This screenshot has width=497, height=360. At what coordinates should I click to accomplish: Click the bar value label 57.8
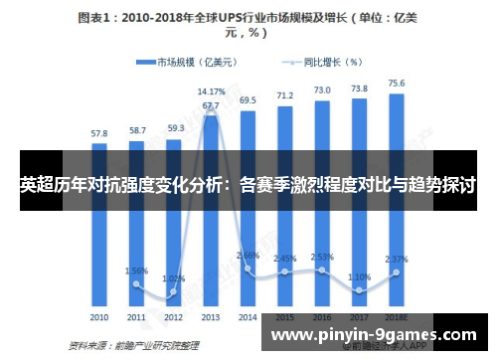coord(99,132)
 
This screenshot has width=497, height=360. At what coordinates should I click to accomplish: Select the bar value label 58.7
coord(136,130)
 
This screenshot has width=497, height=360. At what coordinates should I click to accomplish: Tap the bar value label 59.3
coord(174,128)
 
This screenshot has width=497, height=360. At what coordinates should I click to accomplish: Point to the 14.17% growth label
coord(211,91)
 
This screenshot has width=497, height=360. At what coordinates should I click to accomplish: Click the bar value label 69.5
coord(248,100)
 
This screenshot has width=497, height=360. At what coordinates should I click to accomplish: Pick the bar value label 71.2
coord(285,95)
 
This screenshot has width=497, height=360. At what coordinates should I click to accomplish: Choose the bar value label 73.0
coord(322,90)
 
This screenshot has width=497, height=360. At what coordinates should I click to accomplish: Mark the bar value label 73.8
coord(359,89)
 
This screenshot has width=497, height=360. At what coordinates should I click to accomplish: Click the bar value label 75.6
coord(396,84)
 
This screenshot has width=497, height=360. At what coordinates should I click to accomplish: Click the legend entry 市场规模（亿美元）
coord(185,62)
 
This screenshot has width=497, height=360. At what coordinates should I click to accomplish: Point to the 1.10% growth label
coord(359,276)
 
